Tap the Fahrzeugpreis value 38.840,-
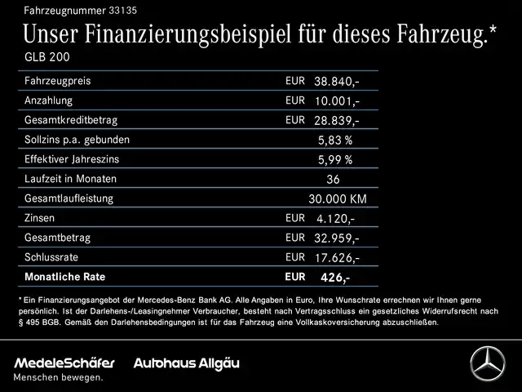337,82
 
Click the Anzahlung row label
49,100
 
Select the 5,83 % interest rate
335,140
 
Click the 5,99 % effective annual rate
335,159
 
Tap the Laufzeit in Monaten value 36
333,179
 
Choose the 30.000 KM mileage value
338,198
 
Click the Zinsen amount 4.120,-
334,219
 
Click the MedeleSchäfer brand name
64,362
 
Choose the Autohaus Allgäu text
187,362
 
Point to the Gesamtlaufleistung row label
69,198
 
